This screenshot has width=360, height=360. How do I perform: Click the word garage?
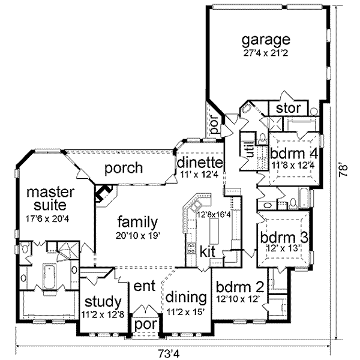point(265,40)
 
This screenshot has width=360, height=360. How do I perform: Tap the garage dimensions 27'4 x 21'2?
point(265,52)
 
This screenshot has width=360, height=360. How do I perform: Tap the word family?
point(138,220)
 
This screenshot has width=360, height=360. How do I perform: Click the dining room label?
point(186,297)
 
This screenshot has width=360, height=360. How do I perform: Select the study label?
point(104,301)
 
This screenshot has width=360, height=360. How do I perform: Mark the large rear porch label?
point(123,168)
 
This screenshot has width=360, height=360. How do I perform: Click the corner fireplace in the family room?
point(104,196)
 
